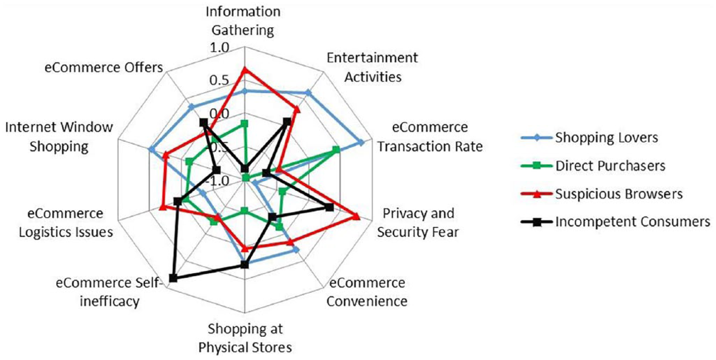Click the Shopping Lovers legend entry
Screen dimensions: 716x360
click(x=590, y=138)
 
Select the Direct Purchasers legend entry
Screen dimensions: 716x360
click(x=593, y=166)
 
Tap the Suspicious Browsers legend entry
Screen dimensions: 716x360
click(x=602, y=194)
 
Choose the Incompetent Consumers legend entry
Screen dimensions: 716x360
click(x=616, y=222)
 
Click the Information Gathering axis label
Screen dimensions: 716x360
click(x=243, y=21)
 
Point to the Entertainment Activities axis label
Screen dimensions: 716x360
click(x=372, y=67)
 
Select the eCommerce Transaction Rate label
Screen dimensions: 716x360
click(x=430, y=137)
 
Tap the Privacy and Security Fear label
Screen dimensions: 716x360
click(x=418, y=223)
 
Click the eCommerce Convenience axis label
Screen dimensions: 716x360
click(x=367, y=292)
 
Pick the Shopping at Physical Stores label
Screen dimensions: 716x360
click(x=245, y=338)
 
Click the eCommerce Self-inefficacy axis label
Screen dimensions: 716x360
click(x=109, y=292)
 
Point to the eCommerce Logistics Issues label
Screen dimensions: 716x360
click(x=66, y=223)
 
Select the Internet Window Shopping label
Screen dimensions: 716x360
click(x=59, y=137)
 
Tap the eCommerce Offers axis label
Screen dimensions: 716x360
click(x=104, y=67)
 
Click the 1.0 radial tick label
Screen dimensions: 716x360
click(x=219, y=48)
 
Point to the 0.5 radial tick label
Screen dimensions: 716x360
click(x=219, y=80)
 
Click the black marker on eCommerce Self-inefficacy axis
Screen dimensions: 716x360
click(x=173, y=278)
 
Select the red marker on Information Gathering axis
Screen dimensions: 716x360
click(x=244, y=70)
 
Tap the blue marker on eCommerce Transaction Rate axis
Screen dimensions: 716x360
click(x=361, y=142)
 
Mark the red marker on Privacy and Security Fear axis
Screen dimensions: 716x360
click(x=356, y=216)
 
